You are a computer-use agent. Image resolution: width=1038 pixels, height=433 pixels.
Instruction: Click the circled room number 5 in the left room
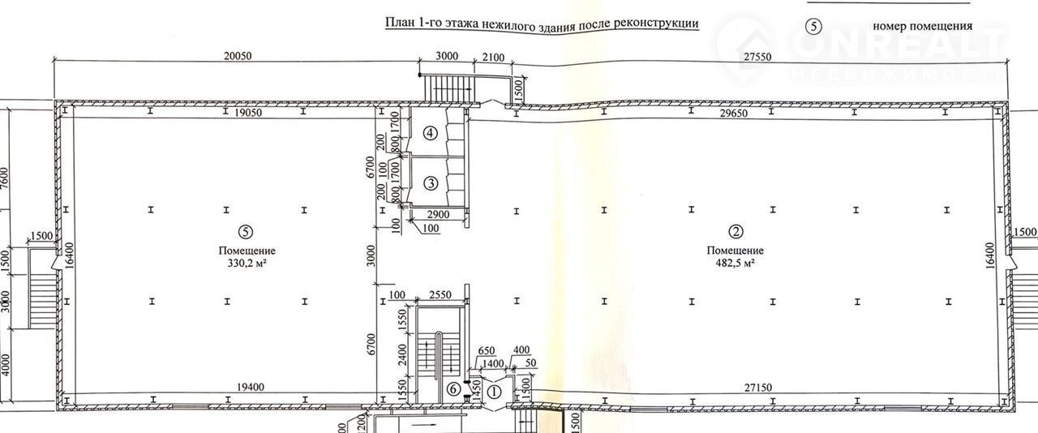(x=245, y=231)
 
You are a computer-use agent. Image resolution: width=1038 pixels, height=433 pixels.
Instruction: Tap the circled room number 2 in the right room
(x=736, y=231)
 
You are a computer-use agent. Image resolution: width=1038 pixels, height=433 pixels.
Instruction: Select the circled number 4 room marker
(x=431, y=134)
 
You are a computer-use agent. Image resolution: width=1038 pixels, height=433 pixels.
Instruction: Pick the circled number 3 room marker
(x=431, y=183)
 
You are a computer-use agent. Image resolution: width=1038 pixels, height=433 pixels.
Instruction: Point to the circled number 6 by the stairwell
(x=453, y=389)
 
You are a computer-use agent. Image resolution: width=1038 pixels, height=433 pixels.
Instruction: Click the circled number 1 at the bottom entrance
(x=495, y=392)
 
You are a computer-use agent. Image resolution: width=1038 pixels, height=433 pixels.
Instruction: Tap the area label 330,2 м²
(x=247, y=264)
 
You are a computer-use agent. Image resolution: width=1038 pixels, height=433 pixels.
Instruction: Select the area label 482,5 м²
(x=735, y=264)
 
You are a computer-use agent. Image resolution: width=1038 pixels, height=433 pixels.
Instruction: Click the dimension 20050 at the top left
(x=238, y=56)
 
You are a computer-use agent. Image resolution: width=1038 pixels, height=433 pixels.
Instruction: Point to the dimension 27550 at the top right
(x=757, y=57)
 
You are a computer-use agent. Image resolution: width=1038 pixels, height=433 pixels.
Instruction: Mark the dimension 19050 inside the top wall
(x=248, y=113)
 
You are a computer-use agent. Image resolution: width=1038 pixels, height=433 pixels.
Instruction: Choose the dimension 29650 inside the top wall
(x=734, y=114)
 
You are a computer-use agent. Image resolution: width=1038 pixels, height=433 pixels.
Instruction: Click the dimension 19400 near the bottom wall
(x=251, y=387)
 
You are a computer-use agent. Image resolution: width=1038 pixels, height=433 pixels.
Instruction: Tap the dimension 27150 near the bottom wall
(x=758, y=387)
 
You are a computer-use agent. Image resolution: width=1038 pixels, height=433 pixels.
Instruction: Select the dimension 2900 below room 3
(x=438, y=214)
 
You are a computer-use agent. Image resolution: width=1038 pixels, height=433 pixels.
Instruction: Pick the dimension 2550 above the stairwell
(x=440, y=295)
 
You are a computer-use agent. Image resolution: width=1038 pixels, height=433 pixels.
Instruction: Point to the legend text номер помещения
(x=923, y=26)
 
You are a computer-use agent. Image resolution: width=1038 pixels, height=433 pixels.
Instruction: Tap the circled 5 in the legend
(x=813, y=27)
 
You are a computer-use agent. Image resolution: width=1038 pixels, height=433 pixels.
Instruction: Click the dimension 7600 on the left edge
(x=5, y=178)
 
